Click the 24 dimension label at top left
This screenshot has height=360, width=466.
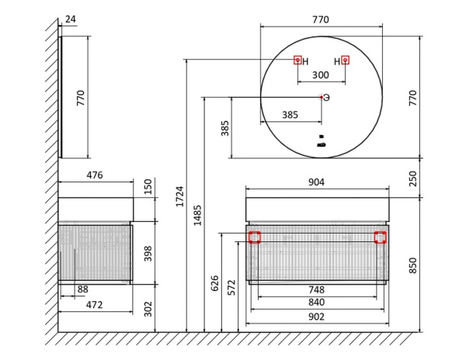(x=71, y=19)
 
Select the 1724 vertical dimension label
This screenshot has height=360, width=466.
(x=180, y=196)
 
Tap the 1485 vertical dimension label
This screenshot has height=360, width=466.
(x=197, y=215)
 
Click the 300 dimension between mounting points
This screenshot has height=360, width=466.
(x=320, y=74)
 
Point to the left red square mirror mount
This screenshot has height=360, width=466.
(x=297, y=61)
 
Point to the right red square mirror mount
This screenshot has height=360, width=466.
(x=345, y=61)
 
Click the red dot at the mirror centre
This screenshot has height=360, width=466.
(x=322, y=97)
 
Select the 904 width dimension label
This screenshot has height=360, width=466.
(x=316, y=182)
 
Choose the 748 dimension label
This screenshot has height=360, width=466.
(x=316, y=289)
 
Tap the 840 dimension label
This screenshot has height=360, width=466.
(x=316, y=303)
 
